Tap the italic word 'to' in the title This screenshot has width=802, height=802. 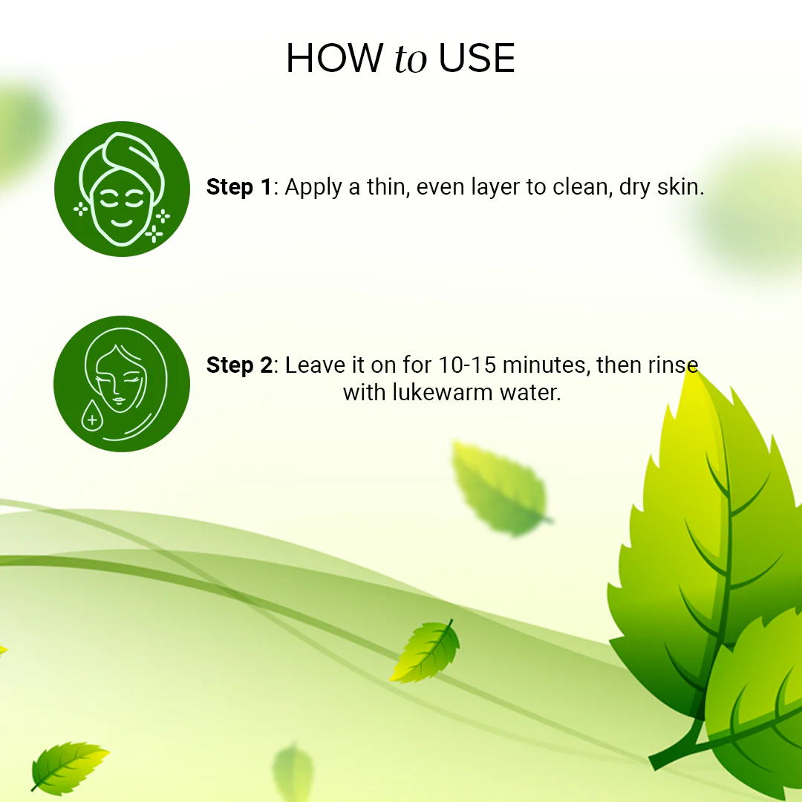tap(411, 60)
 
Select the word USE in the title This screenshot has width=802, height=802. tap(477, 59)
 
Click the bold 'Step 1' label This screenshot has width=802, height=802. tap(239, 187)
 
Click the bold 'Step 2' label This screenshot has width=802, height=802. tap(239, 365)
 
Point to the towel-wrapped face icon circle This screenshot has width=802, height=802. tap(122, 189)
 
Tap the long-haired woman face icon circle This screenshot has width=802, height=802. tap(122, 383)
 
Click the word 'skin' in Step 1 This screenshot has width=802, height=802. tap(680, 187)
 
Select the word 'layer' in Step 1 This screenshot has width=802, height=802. tap(492, 189)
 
